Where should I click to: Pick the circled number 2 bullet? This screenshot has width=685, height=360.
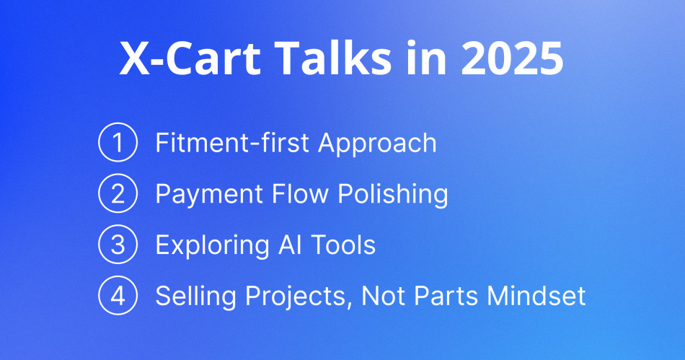point(117,194)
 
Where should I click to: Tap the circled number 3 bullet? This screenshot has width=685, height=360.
point(117,245)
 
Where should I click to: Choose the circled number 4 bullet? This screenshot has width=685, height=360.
point(117,297)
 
